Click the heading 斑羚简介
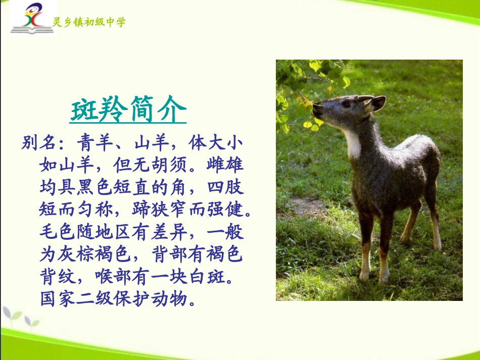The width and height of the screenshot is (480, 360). [x=128, y=111]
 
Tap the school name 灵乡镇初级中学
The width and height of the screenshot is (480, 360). [x=89, y=22]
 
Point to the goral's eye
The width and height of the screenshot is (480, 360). [x=346, y=104]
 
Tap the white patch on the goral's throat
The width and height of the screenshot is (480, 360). [x=353, y=143]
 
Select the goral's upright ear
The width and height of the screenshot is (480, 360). [x=377, y=104]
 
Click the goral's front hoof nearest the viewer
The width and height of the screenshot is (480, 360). [x=364, y=276]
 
